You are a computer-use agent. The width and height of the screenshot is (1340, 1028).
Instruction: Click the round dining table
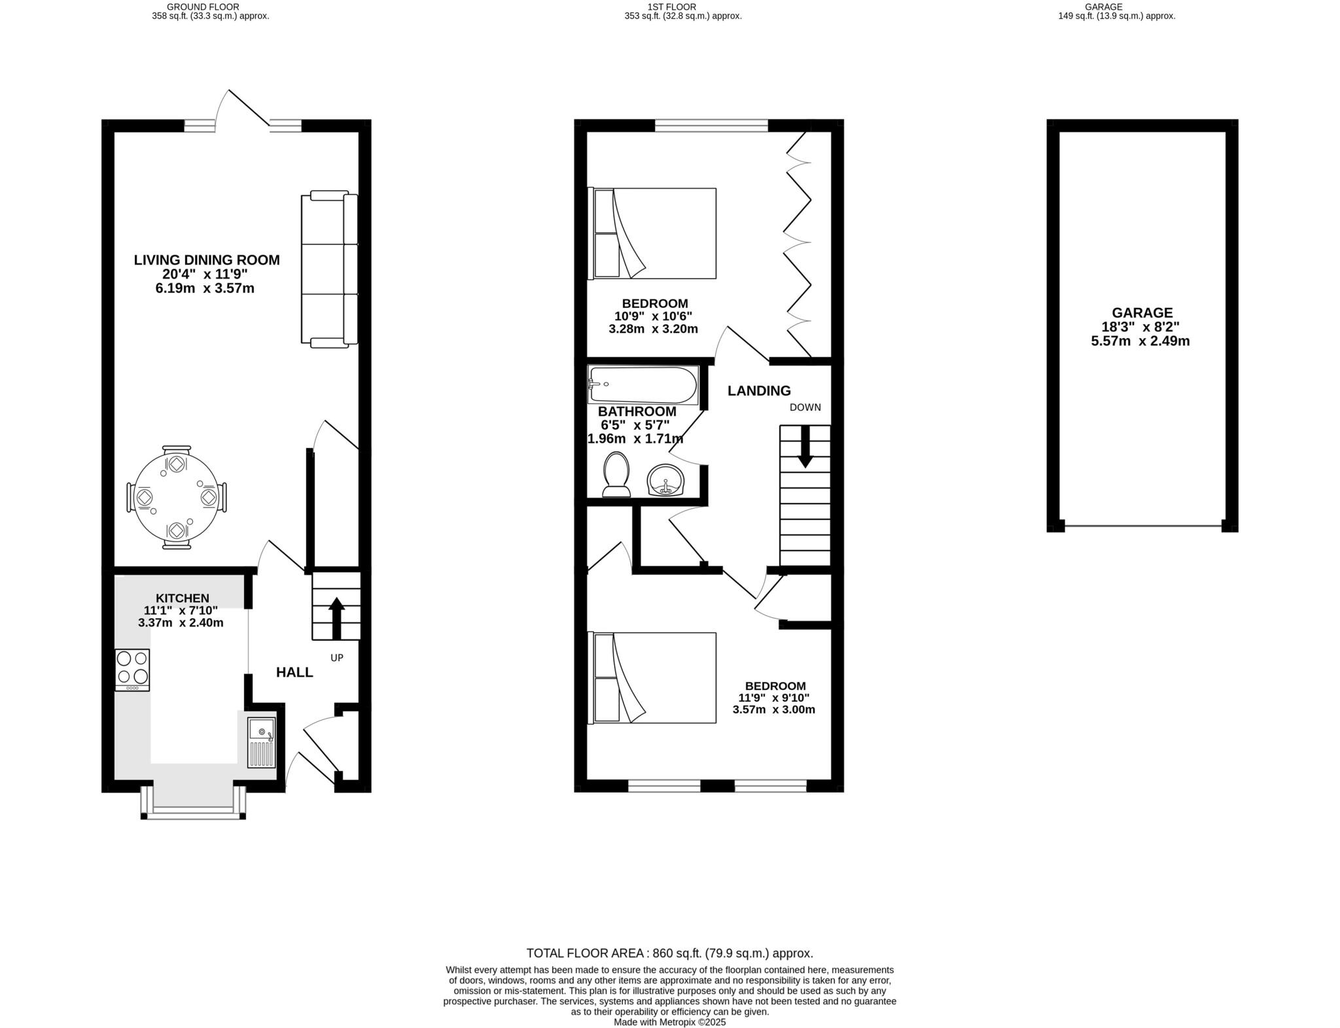tap(176, 498)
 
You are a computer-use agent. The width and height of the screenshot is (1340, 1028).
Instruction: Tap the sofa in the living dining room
tap(329, 268)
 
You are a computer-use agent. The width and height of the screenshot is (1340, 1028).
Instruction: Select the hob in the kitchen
tap(132, 669)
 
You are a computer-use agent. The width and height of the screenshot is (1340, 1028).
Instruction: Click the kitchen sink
tap(262, 742)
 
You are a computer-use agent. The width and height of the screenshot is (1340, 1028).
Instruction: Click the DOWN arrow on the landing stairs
tap(805, 447)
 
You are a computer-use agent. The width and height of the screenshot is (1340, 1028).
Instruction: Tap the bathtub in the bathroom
tap(643, 385)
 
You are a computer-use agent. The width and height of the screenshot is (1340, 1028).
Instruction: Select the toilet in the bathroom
tap(616, 475)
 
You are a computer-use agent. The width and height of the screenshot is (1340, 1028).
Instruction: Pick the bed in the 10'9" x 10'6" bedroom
tap(654, 233)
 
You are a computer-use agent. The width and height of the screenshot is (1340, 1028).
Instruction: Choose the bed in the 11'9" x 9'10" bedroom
tap(654, 677)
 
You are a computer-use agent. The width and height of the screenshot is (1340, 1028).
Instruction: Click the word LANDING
tap(759, 391)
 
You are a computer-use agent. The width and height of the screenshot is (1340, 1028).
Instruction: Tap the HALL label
tap(294, 672)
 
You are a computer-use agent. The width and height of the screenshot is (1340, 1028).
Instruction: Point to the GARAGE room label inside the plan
tap(1142, 313)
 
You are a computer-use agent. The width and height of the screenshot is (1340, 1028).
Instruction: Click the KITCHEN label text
tap(183, 598)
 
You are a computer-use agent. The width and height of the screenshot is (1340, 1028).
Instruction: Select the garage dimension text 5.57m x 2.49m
tap(1140, 341)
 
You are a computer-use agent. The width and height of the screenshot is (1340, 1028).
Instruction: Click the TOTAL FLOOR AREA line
tap(669, 953)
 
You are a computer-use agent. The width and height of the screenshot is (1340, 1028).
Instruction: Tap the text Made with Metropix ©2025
tap(669, 1022)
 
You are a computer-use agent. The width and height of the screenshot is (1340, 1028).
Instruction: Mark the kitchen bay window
tap(194, 810)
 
